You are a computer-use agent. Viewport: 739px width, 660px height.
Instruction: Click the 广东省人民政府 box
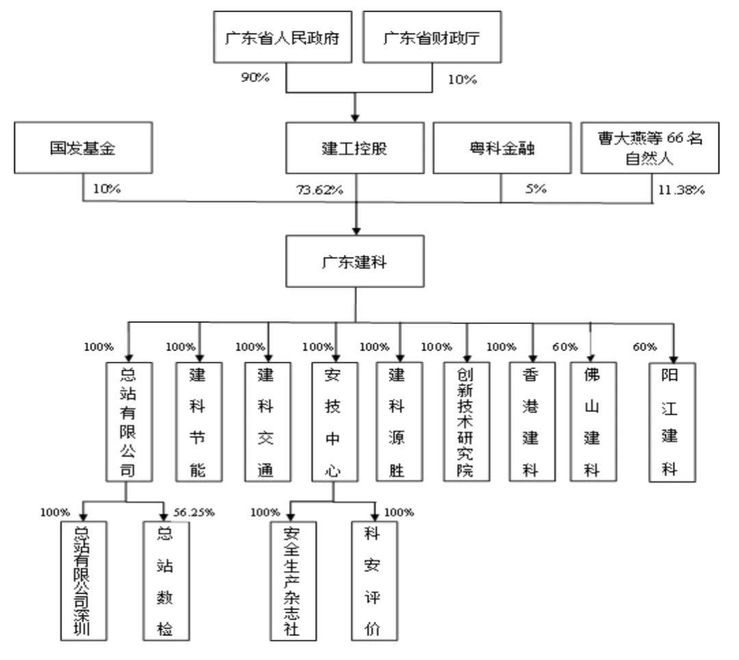point(283,37)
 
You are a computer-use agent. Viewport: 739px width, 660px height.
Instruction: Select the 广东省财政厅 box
point(432,37)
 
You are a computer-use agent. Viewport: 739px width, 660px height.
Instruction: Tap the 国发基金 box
point(83,148)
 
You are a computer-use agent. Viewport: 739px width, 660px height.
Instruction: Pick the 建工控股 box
point(355,148)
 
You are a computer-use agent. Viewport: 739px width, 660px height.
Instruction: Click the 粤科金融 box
point(502,148)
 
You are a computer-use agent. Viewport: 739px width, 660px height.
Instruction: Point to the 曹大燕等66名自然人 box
point(650,148)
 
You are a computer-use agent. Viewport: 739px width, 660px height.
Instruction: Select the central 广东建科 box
point(355,261)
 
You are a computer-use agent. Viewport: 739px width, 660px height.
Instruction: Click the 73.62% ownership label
point(320,190)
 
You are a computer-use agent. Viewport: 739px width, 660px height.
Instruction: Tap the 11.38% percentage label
point(681,190)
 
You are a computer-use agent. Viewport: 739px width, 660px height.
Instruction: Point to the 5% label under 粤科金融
point(536,188)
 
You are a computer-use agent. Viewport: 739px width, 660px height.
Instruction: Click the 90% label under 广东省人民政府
point(255,77)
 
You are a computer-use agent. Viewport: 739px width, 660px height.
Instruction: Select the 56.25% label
point(194,512)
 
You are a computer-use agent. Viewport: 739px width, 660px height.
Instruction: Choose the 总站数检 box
point(166,581)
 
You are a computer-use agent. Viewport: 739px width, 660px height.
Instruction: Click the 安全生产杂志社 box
point(293,581)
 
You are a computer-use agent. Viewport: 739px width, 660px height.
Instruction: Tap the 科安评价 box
point(374,581)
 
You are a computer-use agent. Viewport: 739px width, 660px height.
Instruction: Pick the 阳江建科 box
point(672,422)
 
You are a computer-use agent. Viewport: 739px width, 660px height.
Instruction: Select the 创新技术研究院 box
point(466,422)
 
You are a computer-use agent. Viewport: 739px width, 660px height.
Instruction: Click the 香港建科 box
point(532,422)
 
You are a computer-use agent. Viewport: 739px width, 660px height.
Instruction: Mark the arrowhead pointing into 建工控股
point(355,117)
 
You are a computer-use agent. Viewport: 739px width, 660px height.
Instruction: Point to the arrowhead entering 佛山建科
point(591,358)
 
